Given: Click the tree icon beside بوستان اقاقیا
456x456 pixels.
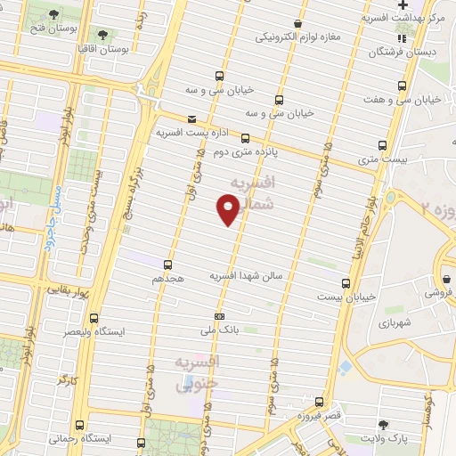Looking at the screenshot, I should coord(105,35).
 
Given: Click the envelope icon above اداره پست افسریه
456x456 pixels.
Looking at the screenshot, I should coord(191,118).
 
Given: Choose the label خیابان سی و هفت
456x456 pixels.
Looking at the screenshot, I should coord(421,99).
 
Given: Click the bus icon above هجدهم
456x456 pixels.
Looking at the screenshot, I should coord(167,265).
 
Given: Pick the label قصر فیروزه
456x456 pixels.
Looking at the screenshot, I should coord(320,417).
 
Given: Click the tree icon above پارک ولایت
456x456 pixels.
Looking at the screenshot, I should coord(384,424).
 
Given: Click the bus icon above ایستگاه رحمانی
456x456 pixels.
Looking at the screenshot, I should coord(81,425).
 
